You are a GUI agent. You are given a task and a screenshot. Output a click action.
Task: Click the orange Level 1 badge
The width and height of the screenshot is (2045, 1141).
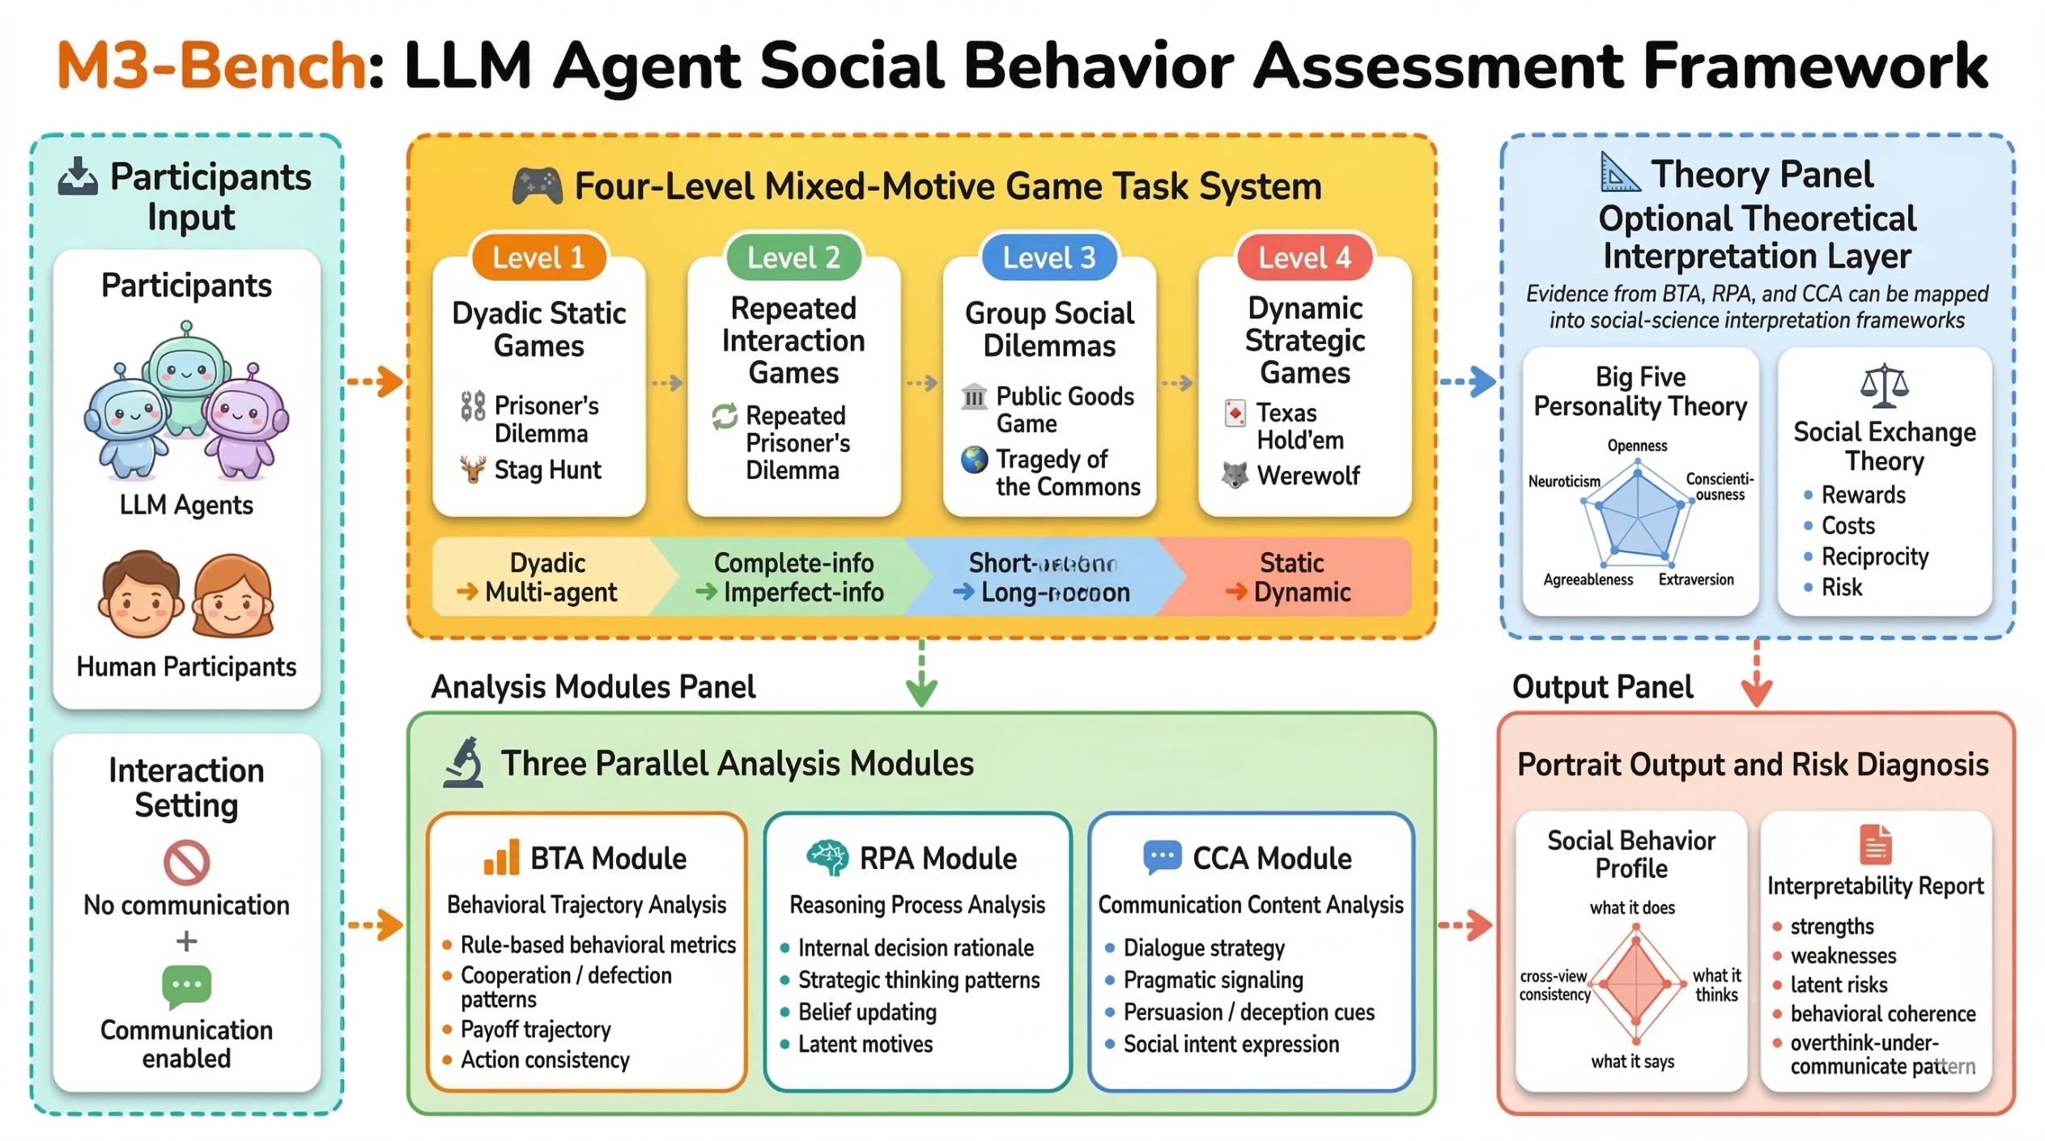tap(538, 257)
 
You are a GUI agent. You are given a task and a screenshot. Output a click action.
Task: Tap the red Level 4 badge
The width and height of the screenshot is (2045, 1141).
tap(1303, 257)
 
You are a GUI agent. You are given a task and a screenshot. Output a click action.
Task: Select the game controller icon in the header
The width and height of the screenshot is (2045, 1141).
tap(537, 186)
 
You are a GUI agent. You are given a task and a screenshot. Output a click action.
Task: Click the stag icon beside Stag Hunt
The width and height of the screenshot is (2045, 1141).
tap(473, 469)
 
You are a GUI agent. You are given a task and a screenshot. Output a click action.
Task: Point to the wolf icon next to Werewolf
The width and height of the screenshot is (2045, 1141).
tap(1234, 475)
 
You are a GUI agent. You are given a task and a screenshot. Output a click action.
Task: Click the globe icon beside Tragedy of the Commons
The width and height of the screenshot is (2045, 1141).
tap(974, 460)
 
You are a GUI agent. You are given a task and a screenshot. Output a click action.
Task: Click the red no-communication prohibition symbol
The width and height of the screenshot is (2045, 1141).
tap(186, 863)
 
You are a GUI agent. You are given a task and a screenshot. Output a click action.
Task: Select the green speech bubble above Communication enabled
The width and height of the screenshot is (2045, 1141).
tap(186, 985)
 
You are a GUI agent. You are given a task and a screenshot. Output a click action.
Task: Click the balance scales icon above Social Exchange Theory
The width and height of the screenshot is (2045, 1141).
tap(1883, 385)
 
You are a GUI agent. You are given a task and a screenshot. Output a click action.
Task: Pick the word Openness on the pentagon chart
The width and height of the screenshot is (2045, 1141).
tap(1636, 446)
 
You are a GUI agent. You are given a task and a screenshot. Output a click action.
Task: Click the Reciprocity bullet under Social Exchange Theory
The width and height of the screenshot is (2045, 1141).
tap(1873, 557)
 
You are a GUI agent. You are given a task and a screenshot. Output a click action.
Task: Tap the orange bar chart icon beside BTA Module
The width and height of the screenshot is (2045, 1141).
tap(500, 857)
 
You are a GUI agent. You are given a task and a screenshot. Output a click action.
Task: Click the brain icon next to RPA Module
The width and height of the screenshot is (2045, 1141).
tap(827, 857)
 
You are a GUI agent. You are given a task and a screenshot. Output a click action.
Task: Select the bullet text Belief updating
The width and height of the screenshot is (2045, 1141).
tap(866, 1012)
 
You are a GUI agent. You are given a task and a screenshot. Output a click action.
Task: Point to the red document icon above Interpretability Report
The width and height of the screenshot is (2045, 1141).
tap(1875, 845)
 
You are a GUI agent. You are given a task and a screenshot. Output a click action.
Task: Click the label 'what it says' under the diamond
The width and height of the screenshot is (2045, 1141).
tap(1631, 1062)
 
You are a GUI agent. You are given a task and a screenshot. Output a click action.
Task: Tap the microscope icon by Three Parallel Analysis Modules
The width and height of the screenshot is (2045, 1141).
tap(465, 762)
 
